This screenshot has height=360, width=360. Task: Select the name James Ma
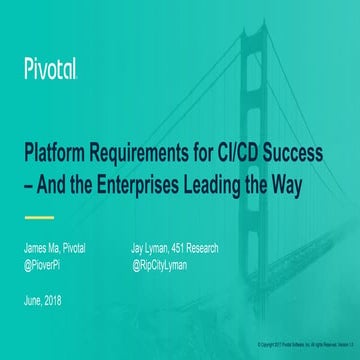point(41,248)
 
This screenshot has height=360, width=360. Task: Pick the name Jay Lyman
point(153,248)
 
